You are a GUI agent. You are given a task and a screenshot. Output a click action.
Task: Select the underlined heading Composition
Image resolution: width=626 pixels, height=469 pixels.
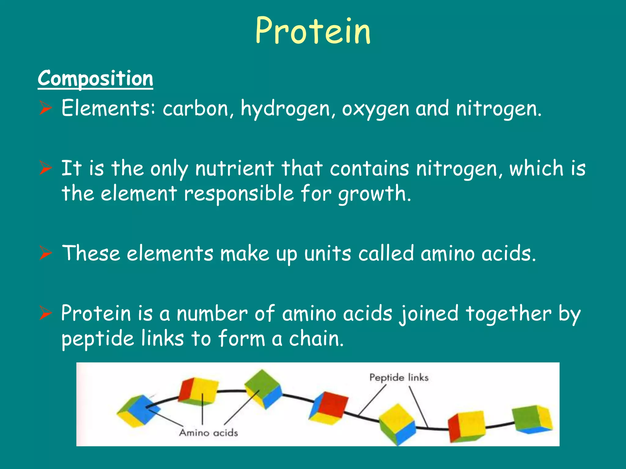point(95,79)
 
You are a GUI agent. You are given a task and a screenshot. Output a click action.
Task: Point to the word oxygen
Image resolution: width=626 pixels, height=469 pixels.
point(375,109)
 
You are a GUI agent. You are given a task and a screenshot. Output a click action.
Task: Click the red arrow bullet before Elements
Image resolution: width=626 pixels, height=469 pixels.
point(46,108)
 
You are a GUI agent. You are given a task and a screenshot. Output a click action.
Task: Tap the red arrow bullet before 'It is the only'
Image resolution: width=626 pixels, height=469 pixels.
point(46,168)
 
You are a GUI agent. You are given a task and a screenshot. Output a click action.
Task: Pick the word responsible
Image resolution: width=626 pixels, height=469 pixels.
point(239,194)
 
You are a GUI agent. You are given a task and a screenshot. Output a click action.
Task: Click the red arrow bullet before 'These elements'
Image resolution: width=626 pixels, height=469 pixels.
point(46,253)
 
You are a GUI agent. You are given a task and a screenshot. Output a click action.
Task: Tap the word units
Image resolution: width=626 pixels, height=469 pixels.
point(328,254)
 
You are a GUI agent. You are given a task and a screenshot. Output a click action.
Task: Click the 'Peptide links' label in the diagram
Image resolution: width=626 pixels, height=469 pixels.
point(399,378)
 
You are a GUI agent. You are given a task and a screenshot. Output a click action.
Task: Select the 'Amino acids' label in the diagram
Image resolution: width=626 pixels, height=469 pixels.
point(208,433)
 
